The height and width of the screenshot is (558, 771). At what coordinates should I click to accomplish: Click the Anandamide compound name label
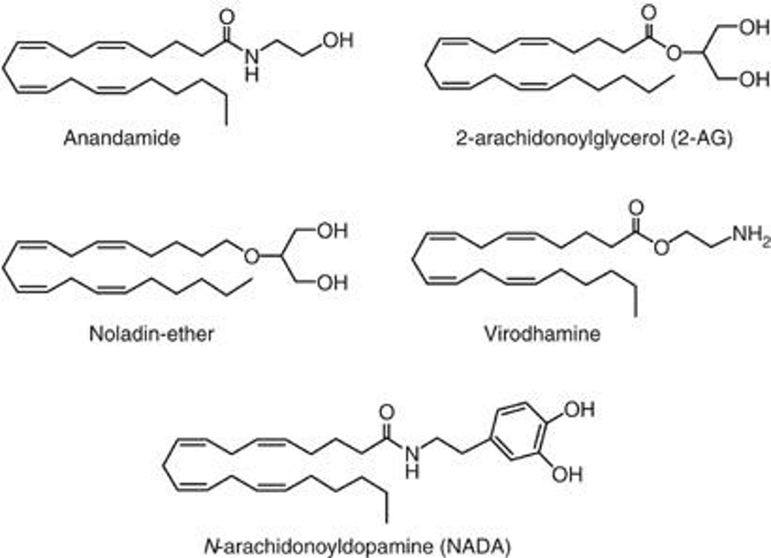(x=122, y=138)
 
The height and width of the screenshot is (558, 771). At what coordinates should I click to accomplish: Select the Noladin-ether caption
(x=152, y=334)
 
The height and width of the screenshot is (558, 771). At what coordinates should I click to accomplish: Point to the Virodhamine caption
(x=542, y=334)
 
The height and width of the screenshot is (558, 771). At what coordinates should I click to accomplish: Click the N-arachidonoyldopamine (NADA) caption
(x=358, y=546)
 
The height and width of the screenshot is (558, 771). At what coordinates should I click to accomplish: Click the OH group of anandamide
(x=338, y=40)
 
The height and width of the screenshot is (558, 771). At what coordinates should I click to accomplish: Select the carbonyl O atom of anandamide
(x=227, y=16)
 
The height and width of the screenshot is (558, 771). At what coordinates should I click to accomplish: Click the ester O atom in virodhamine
(x=662, y=247)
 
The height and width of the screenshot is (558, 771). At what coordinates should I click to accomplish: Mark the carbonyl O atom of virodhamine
(x=636, y=208)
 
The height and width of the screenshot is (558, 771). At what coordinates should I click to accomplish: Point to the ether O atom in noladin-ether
(x=251, y=257)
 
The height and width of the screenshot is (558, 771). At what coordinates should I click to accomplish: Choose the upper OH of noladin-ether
(x=332, y=231)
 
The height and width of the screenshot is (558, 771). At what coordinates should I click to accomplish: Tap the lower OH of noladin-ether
(x=332, y=282)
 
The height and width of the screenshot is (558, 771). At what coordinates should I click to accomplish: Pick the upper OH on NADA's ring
(x=579, y=410)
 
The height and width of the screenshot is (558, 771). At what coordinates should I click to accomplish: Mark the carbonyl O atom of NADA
(x=386, y=412)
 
